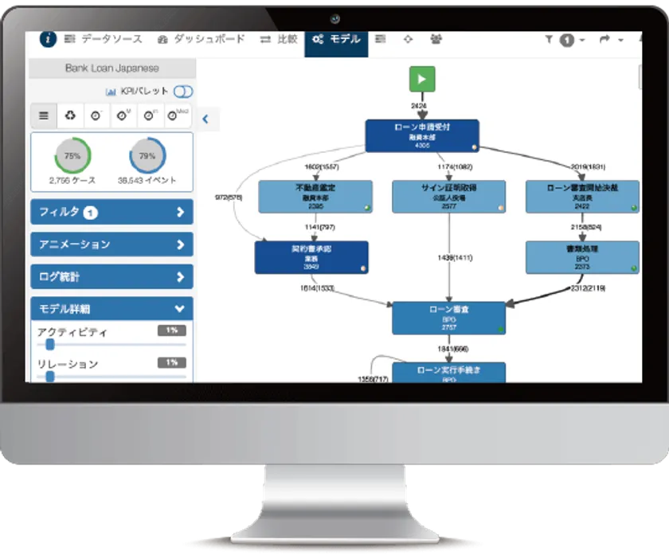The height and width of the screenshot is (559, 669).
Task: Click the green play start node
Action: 422,80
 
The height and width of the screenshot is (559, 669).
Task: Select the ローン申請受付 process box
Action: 422,136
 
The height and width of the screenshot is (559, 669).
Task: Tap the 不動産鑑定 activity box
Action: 315,197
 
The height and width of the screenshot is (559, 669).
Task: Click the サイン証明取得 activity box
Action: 449,197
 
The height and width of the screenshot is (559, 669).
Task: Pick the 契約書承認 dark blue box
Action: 311,258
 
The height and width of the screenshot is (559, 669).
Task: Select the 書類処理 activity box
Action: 582,258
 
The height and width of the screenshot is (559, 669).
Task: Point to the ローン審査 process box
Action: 449,318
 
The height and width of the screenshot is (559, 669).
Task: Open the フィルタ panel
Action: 111,212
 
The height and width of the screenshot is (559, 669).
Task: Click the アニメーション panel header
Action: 111,244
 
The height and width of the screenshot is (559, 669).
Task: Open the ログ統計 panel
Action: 111,277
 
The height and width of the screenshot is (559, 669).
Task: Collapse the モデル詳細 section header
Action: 111,308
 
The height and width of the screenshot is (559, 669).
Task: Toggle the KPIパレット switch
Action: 183,92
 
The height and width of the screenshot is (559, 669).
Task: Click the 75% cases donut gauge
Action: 72,156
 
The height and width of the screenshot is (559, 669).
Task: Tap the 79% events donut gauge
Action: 147,156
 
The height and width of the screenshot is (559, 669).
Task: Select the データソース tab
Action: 103,39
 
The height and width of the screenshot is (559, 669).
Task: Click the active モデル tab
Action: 336,39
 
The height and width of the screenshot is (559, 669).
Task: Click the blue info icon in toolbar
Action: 49,39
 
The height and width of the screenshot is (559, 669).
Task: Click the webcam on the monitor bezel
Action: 335,18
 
